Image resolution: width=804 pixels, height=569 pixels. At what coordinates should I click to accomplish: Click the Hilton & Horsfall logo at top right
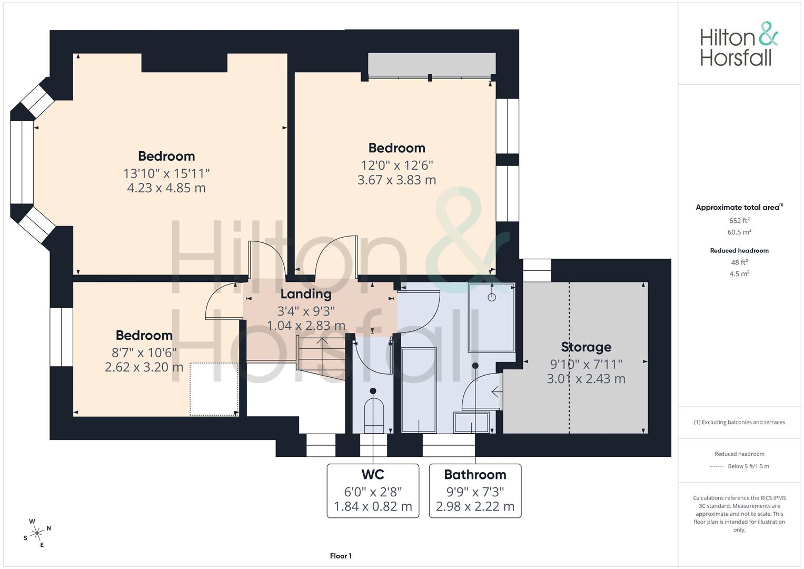(x=738, y=44)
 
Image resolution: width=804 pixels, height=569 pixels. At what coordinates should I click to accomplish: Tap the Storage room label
(x=586, y=347)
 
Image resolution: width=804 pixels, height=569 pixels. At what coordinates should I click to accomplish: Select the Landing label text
(x=305, y=294)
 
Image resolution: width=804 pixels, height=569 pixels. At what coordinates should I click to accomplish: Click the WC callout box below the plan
(x=373, y=490)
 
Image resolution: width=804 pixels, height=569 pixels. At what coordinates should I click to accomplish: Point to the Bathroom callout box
(x=475, y=490)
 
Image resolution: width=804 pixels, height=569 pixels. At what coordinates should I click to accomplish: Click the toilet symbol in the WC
(x=373, y=414)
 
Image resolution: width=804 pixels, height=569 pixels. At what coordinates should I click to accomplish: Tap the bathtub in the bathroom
(x=419, y=390)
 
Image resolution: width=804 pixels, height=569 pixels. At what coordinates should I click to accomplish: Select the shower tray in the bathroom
(x=491, y=318)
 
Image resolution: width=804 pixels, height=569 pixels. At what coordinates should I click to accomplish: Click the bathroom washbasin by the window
(x=471, y=423)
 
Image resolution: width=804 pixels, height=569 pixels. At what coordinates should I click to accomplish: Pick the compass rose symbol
(x=37, y=533)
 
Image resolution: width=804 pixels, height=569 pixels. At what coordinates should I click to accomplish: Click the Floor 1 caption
(x=341, y=556)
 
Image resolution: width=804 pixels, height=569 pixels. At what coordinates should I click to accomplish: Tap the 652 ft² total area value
(x=739, y=221)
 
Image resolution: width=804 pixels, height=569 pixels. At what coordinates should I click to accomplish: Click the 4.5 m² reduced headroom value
(x=739, y=274)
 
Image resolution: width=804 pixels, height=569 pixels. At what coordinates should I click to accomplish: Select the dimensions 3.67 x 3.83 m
(x=396, y=180)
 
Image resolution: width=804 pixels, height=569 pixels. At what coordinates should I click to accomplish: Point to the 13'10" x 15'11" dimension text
(x=166, y=173)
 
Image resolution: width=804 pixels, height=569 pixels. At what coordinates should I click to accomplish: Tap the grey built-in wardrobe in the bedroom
(x=431, y=64)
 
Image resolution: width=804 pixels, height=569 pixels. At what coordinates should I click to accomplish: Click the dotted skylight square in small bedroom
(x=213, y=389)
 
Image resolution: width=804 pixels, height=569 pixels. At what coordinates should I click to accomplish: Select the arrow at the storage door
(x=496, y=391)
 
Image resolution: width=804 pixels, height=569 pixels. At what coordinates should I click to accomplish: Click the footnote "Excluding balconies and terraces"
(x=739, y=422)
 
